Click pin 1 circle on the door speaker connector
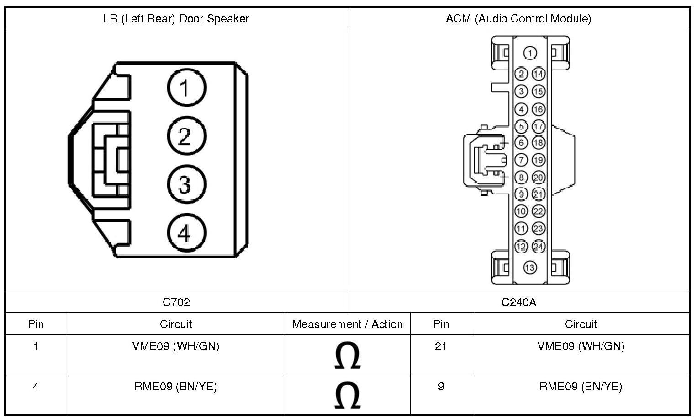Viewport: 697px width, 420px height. tap(186, 87)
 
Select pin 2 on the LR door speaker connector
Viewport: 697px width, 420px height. tap(186, 136)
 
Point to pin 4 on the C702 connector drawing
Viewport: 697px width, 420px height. tap(186, 233)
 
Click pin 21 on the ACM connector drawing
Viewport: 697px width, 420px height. tap(539, 194)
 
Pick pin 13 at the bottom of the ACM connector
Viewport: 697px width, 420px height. tap(530, 267)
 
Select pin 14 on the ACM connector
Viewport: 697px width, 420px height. tap(539, 74)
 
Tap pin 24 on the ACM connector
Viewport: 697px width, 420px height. tap(539, 247)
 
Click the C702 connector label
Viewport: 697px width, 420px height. tap(176, 302)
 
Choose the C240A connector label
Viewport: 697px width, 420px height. tap(518, 302)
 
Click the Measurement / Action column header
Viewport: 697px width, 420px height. tap(347, 324)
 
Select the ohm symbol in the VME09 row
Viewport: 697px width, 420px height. tap(347, 355)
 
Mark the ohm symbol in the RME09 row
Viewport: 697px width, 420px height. tap(347, 396)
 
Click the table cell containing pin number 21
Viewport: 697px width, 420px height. tap(441, 346)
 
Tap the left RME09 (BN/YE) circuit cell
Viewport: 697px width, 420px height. tap(175, 387)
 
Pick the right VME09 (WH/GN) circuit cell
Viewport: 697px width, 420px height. tap(581, 346)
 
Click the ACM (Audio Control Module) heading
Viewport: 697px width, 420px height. tap(518, 19)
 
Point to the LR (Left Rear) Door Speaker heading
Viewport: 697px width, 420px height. tap(176, 19)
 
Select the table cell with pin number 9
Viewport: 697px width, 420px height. tap(441, 387)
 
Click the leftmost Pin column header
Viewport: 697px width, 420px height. tap(36, 324)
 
